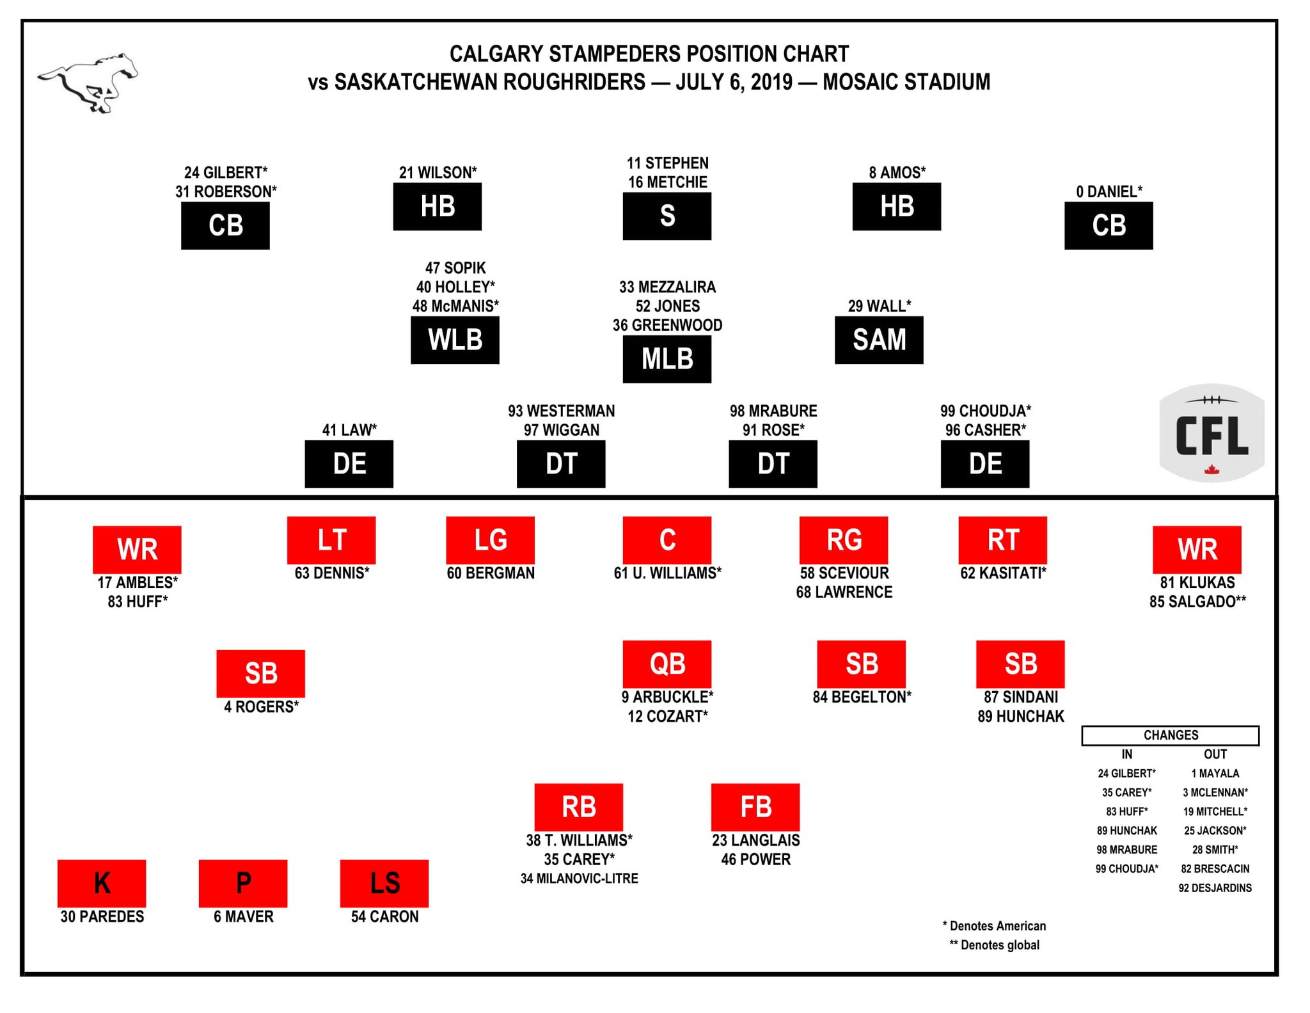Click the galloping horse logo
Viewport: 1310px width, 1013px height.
[x=88, y=83]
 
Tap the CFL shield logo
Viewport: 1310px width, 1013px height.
[x=1211, y=433]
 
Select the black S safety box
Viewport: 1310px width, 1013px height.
[x=667, y=216]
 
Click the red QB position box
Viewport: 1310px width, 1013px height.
[x=667, y=664]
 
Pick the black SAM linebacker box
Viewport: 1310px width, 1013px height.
[x=878, y=340]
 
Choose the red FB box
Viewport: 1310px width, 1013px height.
[x=755, y=807]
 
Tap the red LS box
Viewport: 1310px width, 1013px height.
[x=384, y=883]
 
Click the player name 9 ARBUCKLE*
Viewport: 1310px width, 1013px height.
[x=667, y=697]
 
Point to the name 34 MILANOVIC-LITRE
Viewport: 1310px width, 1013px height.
[x=579, y=879]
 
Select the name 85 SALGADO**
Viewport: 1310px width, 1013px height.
[x=1197, y=602]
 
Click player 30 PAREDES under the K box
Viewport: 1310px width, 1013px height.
[x=102, y=917]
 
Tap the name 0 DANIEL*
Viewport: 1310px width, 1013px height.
[x=1109, y=191]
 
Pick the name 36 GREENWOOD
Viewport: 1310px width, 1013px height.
[x=667, y=325]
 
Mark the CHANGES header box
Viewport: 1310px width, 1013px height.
[x=1170, y=735]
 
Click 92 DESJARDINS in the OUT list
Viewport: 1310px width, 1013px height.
[x=1215, y=888]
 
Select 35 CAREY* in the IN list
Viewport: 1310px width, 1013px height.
[x=1126, y=792]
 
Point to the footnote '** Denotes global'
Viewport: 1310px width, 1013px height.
[x=994, y=945]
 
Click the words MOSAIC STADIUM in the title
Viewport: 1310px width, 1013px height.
[x=906, y=82]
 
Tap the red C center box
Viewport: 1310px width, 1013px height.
[x=667, y=540]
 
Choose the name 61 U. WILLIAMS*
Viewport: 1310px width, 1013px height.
[x=667, y=573]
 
